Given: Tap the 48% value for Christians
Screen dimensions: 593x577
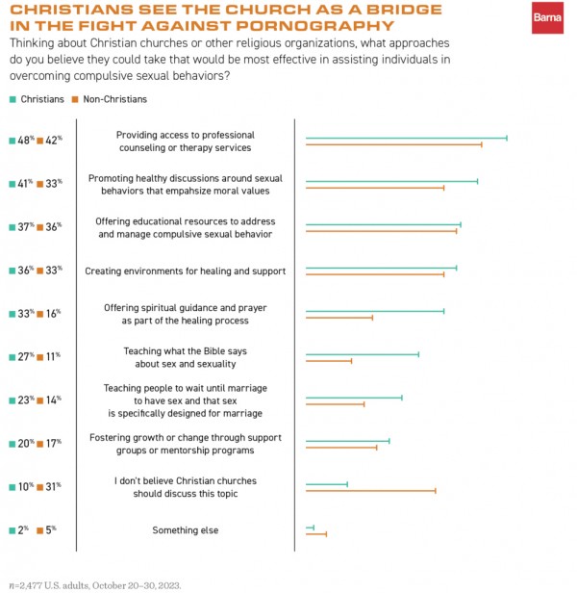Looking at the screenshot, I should (24, 140).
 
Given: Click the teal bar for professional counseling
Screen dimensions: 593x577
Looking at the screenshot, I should (406, 139).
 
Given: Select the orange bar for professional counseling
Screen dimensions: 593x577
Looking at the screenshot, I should (393, 144).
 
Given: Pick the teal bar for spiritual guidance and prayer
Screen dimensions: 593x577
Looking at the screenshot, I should (375, 311).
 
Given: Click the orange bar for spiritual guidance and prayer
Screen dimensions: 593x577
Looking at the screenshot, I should (339, 317).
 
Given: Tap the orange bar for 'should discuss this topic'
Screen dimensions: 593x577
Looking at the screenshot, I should (370, 490).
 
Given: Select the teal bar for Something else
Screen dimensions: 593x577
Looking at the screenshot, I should (310, 528).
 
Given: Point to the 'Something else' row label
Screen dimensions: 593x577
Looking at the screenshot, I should (185, 530).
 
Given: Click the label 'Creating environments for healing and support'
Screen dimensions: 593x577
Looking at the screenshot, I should (185, 271).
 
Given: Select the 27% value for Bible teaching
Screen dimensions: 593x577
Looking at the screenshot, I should (24, 356).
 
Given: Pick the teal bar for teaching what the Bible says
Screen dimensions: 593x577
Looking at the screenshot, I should (363, 354).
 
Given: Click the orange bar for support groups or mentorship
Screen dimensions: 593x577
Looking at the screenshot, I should (341, 447).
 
